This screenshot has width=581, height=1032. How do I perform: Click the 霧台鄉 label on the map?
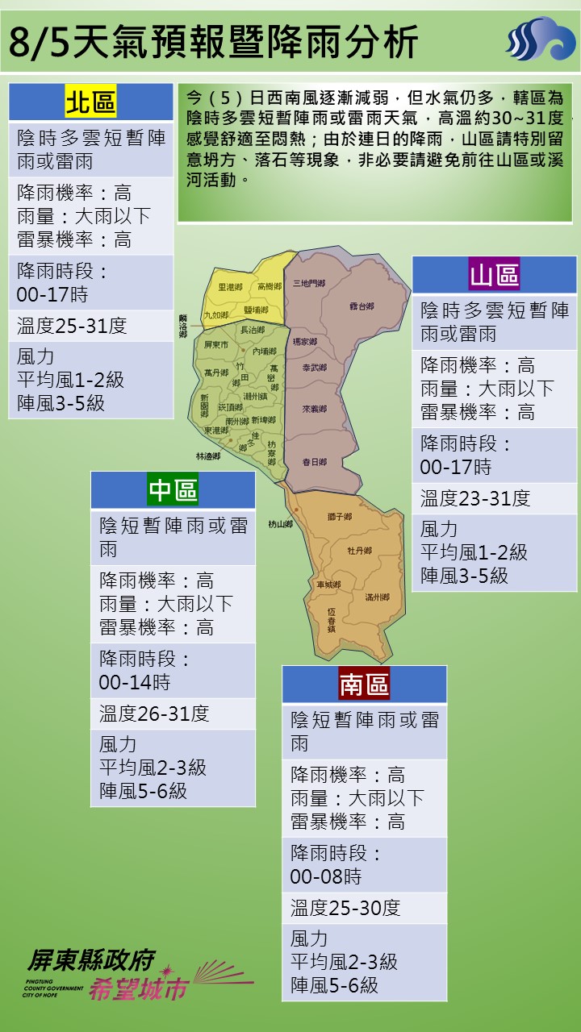pos(362,306)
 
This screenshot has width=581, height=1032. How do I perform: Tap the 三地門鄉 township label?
pos(309,283)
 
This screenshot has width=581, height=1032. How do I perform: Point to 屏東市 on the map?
pos(216,344)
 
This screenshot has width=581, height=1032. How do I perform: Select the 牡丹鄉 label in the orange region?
pos(359,551)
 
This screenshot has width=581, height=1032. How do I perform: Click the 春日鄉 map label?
pos(314,462)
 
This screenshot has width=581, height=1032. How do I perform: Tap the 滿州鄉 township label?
pos(377,597)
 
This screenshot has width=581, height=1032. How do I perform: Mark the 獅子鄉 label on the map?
pos(339,516)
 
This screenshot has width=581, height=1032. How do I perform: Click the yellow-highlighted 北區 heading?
pos(90,103)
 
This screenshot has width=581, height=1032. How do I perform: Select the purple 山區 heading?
pos(494,276)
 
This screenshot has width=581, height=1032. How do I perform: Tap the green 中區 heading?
pos(173,490)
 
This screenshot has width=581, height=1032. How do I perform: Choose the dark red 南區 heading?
pos(364,685)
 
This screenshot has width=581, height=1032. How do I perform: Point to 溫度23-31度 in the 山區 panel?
pos(474,498)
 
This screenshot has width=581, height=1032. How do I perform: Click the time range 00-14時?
pos(135,682)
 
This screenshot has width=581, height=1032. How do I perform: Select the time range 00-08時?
pos(326,876)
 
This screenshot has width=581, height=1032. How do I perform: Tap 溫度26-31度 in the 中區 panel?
pos(154,714)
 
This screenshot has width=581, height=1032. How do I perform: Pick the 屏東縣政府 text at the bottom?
pos(90,959)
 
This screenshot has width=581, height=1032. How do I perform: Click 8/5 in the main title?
pos(39,42)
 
